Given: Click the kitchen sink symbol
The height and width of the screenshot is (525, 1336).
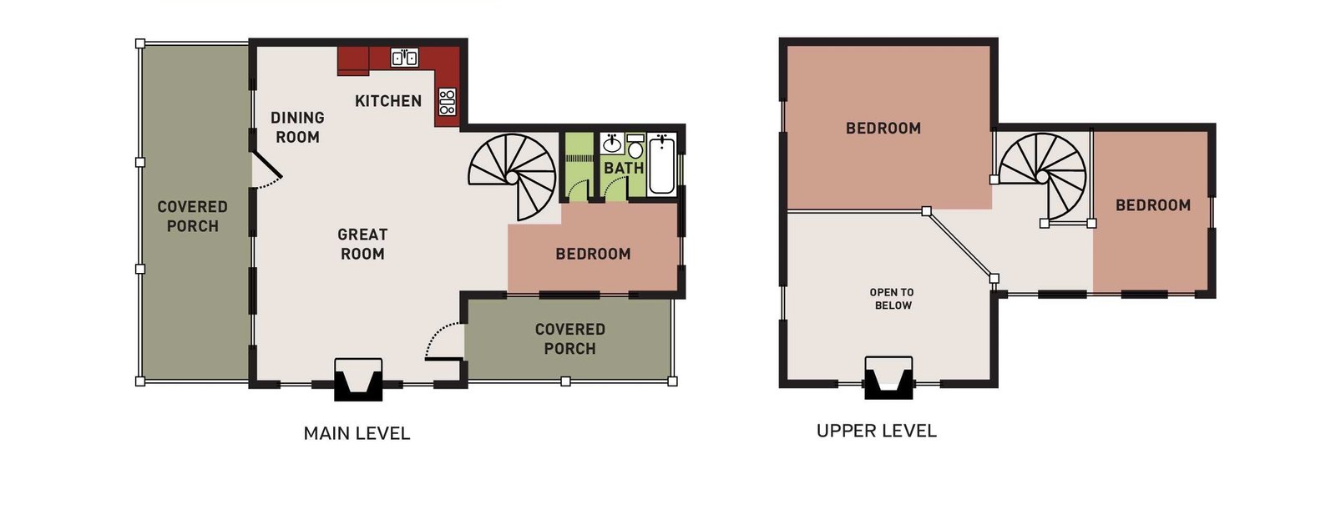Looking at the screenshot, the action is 404,58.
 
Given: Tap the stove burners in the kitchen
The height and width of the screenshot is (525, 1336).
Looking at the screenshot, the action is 448,102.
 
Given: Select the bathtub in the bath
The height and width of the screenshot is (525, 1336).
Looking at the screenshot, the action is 661,164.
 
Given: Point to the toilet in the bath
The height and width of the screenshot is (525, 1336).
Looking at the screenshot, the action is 635,147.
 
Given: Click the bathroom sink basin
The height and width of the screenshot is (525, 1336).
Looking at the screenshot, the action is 611,144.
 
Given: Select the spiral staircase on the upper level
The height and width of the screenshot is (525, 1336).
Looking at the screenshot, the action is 1042,176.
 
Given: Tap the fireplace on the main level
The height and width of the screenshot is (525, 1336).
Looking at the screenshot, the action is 358,379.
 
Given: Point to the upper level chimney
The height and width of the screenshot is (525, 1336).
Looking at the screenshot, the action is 888,378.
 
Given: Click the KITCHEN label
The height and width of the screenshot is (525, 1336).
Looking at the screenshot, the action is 388,101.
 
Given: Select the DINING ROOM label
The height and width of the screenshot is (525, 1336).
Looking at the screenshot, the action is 297,127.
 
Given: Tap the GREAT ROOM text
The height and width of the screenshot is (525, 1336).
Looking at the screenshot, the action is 362,245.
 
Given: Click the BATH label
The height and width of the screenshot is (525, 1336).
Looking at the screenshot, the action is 624,169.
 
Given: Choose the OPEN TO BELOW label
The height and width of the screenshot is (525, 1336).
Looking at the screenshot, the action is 893,299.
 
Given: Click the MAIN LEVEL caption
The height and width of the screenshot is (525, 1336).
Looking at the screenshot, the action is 357,433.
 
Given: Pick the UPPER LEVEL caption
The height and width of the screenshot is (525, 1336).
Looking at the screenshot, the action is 876,431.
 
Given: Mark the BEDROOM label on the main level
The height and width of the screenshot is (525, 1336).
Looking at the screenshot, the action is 593,255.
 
